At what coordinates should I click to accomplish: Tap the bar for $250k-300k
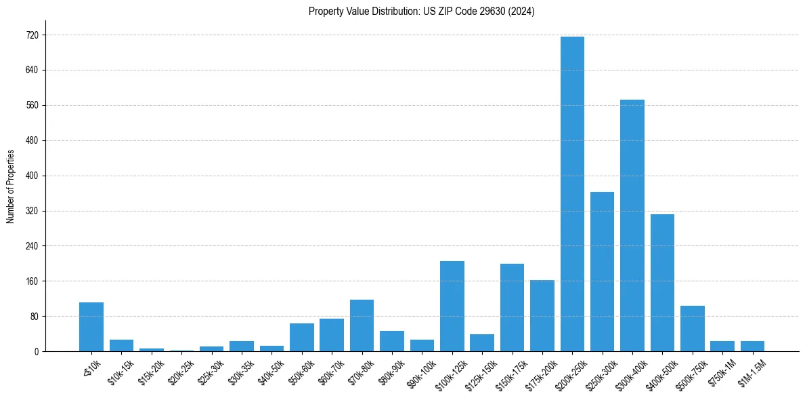click(x=602, y=271)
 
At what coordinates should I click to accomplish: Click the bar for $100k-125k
click(x=452, y=306)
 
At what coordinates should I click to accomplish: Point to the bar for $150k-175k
click(x=512, y=307)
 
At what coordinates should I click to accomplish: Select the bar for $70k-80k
click(x=362, y=325)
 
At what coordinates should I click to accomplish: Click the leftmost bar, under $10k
click(x=91, y=327)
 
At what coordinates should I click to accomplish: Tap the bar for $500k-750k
click(x=692, y=328)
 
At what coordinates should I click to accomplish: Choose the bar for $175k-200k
click(x=542, y=315)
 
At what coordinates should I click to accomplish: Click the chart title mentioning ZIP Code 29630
click(x=421, y=12)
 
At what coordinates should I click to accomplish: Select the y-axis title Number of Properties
click(x=11, y=186)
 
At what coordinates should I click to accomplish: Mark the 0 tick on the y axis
click(x=37, y=352)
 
